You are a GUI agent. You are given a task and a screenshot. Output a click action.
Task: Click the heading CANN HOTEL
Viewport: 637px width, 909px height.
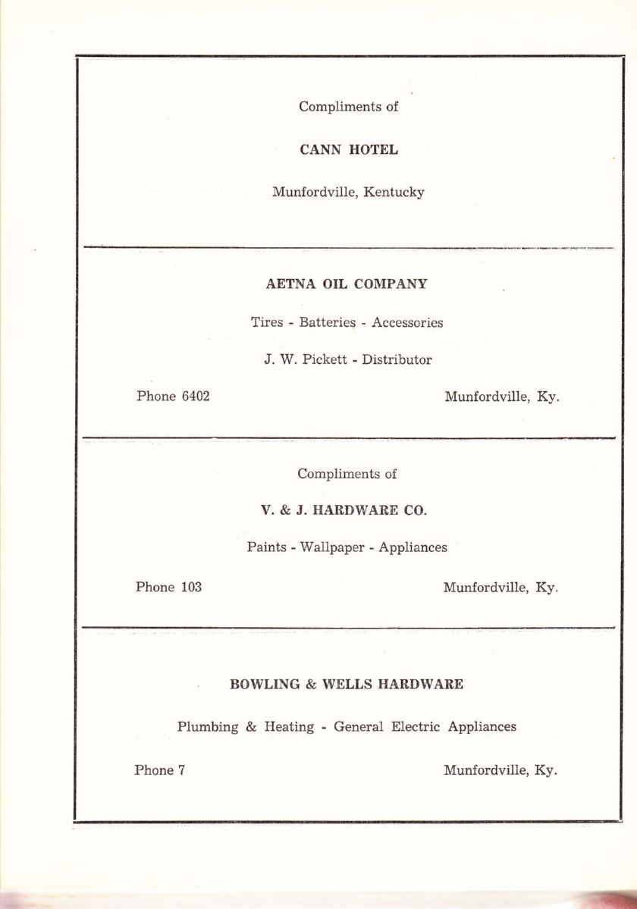point(348,150)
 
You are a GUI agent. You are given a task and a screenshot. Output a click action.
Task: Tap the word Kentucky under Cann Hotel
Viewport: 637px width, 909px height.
point(394,193)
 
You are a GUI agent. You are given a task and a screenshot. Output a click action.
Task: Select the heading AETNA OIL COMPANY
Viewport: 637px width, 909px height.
point(347,284)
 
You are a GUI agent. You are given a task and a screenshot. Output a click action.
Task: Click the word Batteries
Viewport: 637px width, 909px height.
point(328,323)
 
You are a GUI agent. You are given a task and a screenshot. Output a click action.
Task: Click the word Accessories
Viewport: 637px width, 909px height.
point(407,323)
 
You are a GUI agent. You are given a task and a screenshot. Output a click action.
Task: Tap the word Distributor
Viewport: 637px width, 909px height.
point(397,360)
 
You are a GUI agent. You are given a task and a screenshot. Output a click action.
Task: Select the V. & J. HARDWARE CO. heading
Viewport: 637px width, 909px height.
point(344,511)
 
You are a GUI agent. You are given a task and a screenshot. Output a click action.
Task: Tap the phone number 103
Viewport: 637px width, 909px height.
point(191,587)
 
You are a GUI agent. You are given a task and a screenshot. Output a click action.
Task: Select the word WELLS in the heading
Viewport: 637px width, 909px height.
point(348,684)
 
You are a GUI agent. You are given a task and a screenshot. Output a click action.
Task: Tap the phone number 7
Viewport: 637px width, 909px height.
point(181,770)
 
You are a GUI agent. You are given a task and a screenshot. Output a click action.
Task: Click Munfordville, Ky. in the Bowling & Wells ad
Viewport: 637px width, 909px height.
point(500,770)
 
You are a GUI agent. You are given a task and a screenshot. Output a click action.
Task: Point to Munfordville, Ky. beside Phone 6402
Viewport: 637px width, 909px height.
point(502,396)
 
